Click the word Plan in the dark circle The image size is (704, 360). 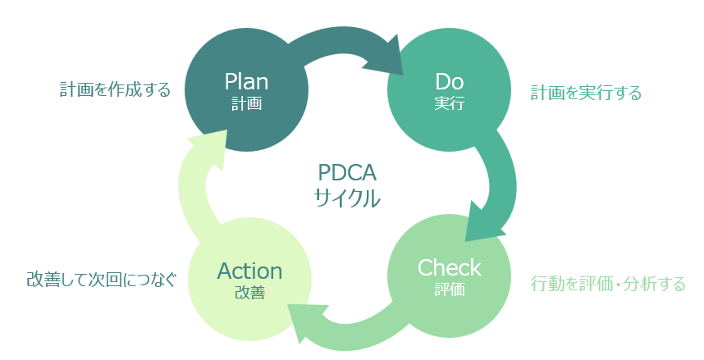246,82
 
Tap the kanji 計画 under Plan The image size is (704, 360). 246,104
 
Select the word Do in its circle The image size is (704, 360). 449,82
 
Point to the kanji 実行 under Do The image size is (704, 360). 449,104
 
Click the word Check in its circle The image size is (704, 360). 449,267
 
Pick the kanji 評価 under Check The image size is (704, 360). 449,289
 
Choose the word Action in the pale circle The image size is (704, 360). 249,271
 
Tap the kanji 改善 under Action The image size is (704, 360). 249,293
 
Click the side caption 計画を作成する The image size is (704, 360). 115,89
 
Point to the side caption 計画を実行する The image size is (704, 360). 586,93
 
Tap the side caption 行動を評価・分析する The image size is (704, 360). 608,285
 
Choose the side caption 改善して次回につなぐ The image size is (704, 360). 101,280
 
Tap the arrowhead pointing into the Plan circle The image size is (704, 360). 205,148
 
